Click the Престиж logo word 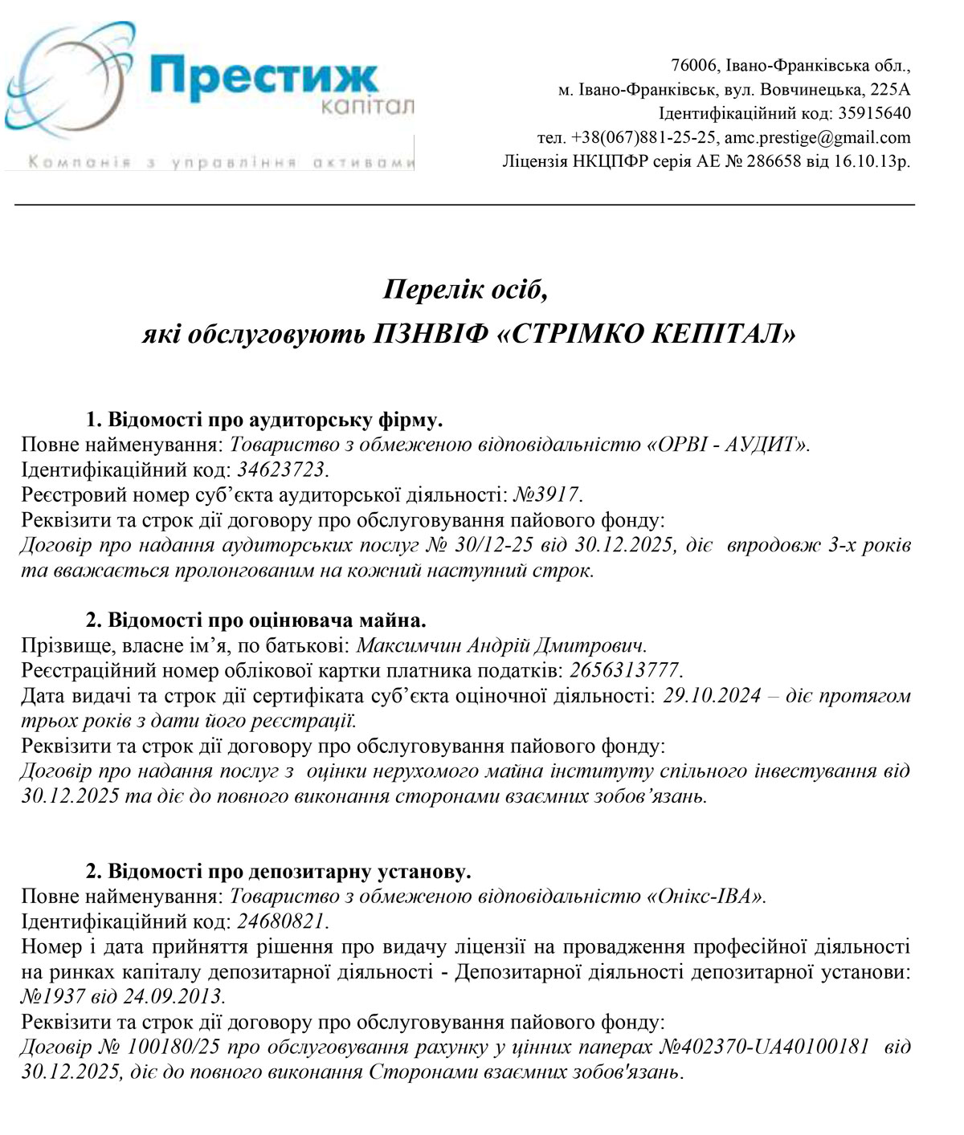pyautogui.click(x=263, y=76)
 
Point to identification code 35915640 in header pyautogui.click(x=875, y=113)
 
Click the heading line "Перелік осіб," pyautogui.click(x=466, y=288)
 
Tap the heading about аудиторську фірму pyautogui.click(x=264, y=420)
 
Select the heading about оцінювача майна pyautogui.click(x=255, y=620)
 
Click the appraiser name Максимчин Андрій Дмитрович pyautogui.click(x=500, y=645)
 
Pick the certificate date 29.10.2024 pyautogui.click(x=712, y=695)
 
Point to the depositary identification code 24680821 pyautogui.click(x=281, y=921)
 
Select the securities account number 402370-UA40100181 pyautogui.click(x=775, y=1047)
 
